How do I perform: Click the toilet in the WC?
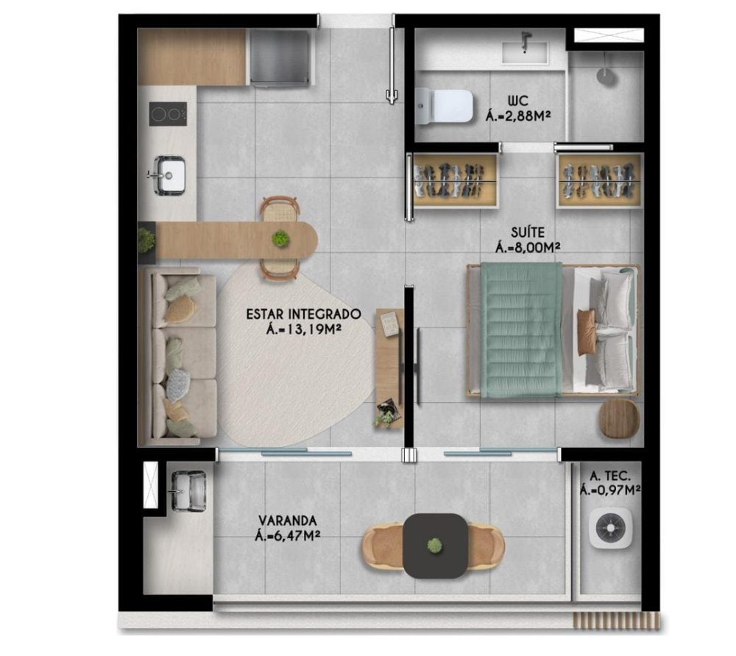point(444,106)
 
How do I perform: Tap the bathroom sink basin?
point(525,52)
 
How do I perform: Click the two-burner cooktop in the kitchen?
point(168,114)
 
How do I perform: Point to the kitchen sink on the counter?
point(169,174)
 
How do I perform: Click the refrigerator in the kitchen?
point(280,57)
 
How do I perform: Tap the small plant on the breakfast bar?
point(280,239)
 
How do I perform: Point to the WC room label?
point(517,100)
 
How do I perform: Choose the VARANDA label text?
point(288,521)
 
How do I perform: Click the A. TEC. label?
point(609,476)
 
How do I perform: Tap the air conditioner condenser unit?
point(610,529)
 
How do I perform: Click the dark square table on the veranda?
point(435,546)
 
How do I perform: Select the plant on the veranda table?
point(434,546)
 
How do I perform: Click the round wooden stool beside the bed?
point(619,419)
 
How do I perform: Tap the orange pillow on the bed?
point(587,331)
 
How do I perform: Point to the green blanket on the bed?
point(521,330)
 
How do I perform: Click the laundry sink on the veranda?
point(188,490)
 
